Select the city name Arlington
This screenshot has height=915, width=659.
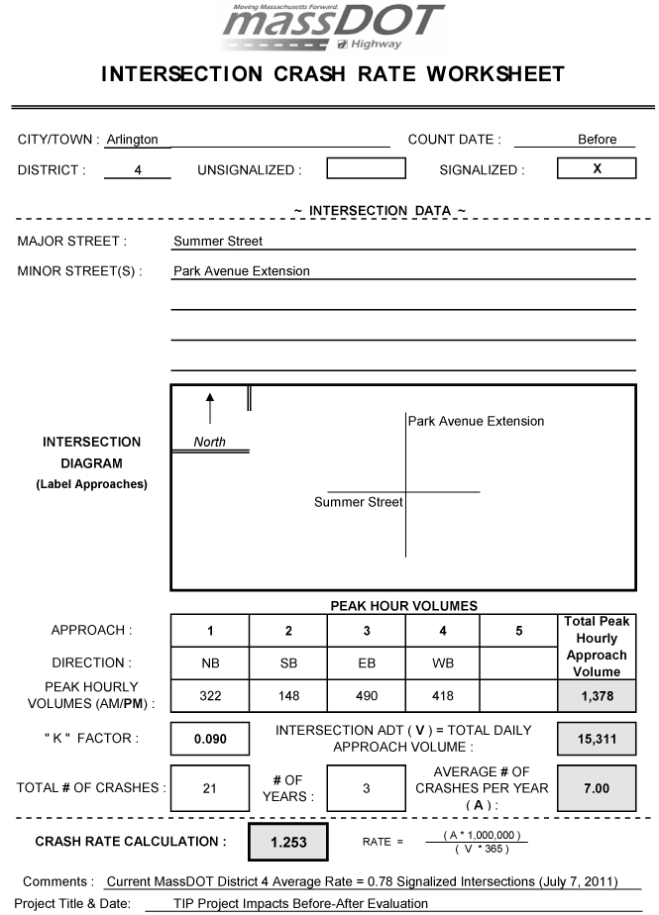pos(132,140)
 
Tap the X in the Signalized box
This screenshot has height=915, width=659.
pos(597,169)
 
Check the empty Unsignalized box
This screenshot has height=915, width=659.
pos(366,169)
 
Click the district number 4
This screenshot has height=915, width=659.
pos(138,170)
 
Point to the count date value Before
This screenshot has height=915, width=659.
pos(597,140)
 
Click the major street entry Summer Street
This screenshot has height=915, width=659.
pos(218,241)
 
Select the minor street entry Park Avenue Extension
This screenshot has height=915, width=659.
pos(242,270)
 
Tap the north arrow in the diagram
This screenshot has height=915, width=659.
pos(210,407)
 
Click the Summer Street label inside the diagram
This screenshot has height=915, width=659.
pos(359,502)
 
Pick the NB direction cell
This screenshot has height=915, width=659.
pos(210,663)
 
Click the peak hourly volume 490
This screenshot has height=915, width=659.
pos(366,696)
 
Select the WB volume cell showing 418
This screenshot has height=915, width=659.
pos(442,696)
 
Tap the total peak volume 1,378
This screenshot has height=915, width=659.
pos(597,696)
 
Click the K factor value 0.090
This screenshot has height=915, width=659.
pos(210,739)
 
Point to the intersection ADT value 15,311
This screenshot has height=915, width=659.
pos(597,739)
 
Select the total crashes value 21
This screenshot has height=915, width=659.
pos(210,788)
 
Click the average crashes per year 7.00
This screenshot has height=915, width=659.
pos(597,788)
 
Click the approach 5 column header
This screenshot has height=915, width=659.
pos(519,631)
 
